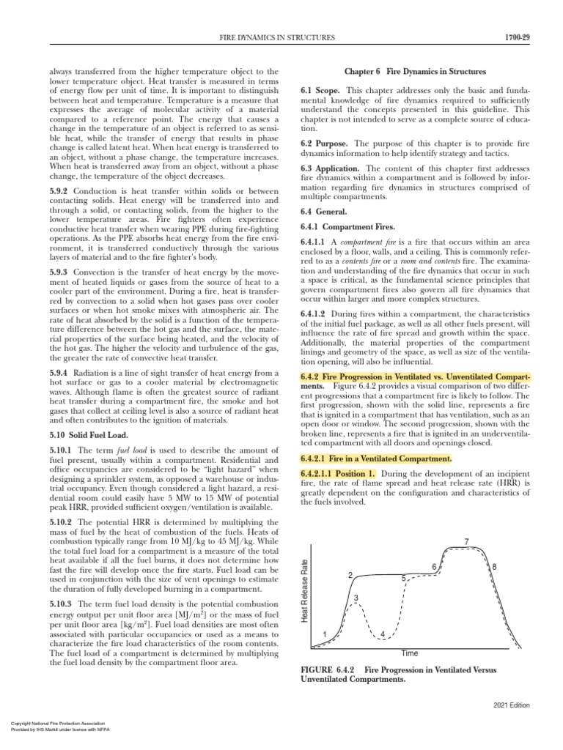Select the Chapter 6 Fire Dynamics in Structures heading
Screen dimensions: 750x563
(415, 72)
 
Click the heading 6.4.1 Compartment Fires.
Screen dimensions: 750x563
(348, 227)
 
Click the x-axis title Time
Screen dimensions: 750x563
(410, 653)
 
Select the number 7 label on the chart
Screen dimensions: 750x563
(466, 541)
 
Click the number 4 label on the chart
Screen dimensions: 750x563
(383, 633)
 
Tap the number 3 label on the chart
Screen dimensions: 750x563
(356, 598)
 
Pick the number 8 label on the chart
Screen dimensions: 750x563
(494, 567)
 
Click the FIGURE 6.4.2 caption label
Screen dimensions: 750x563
(328, 669)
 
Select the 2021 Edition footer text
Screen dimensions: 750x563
(510, 705)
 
